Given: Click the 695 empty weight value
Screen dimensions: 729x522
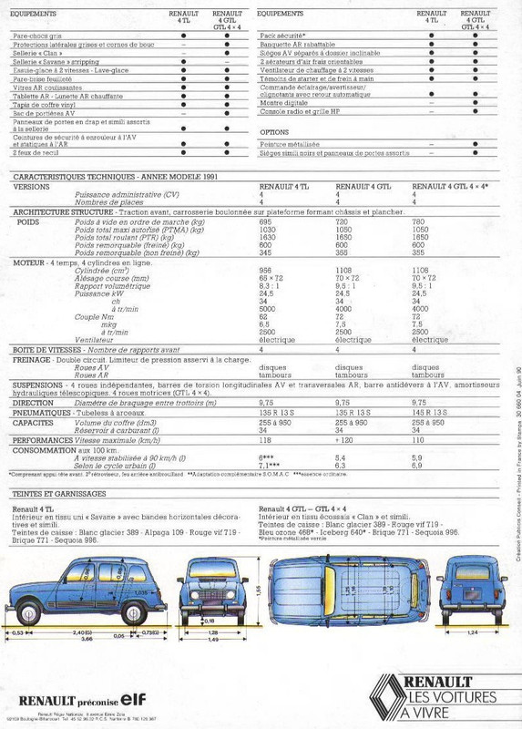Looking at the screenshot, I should tap(265, 221).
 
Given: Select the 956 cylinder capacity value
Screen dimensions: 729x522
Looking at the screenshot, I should tap(265, 271).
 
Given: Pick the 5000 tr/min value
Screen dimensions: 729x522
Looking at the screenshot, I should tap(266, 308).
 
